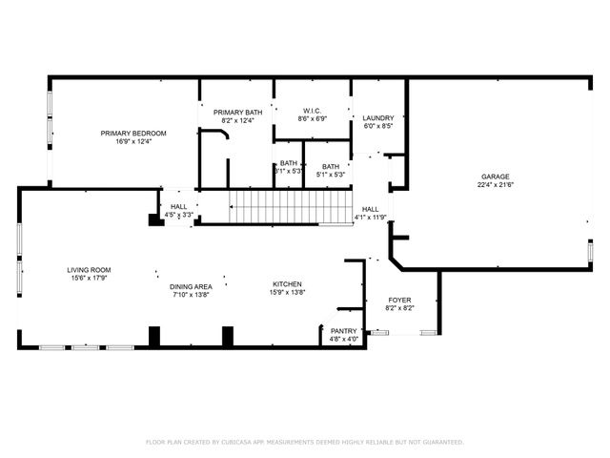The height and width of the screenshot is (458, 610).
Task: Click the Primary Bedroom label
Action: tap(133, 133)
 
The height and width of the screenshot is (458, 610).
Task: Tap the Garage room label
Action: tap(495, 177)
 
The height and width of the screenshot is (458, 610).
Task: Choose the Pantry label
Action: tap(343, 331)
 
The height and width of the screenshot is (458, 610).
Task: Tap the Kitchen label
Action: tap(288, 284)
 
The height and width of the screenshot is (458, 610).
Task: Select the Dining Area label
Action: tap(191, 286)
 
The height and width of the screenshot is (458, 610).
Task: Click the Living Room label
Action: tap(89, 270)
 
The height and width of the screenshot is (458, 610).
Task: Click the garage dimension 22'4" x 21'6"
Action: tap(495, 186)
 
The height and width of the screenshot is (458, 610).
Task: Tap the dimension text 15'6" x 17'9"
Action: tap(89, 279)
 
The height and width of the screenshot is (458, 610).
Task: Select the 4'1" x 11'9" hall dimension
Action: tap(371, 217)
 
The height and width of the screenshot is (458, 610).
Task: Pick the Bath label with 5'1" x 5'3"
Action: tap(331, 166)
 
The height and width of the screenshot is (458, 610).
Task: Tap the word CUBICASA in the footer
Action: tap(247, 443)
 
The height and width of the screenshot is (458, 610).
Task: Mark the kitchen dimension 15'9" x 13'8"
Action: tap(288, 293)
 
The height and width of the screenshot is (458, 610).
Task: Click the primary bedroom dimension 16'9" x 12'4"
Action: tap(133, 141)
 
